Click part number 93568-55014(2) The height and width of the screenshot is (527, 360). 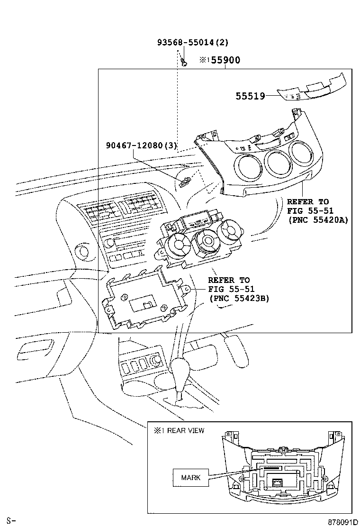[193, 42]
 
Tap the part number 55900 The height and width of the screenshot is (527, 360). [225, 60]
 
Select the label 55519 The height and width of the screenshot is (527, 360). [250, 97]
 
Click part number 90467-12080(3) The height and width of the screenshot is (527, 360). [141, 145]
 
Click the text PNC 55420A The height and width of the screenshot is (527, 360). [318, 220]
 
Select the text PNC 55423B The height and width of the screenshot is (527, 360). [239, 298]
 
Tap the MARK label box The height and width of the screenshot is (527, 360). [191, 477]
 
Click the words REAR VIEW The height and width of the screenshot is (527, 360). [186, 430]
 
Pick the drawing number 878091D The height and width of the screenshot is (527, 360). [343, 522]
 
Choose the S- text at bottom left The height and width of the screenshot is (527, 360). [11, 521]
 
